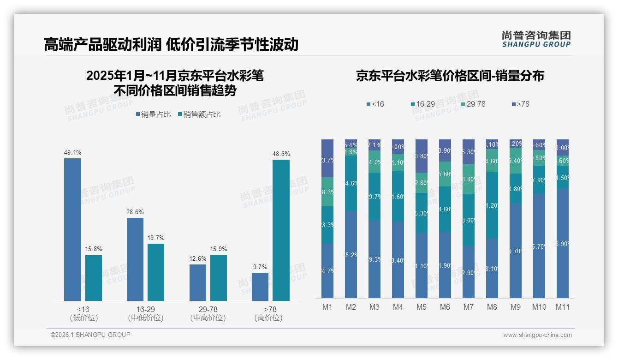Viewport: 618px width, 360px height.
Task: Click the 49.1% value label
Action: click(x=72, y=152)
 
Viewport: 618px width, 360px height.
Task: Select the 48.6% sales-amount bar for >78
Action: click(x=281, y=230)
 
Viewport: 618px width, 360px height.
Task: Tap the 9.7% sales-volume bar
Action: click(x=260, y=287)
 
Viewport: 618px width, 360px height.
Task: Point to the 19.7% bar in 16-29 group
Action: click(x=156, y=272)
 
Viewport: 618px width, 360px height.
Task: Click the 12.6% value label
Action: click(x=198, y=258)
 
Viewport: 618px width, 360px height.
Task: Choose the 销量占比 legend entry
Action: click(x=153, y=114)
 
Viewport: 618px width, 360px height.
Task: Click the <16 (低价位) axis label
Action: click(x=83, y=313)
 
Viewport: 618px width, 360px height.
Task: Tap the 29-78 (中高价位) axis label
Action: click(x=208, y=313)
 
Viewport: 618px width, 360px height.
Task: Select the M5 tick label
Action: click(x=421, y=307)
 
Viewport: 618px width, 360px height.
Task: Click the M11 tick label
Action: click(x=562, y=307)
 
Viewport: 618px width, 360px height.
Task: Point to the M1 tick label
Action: click(x=327, y=307)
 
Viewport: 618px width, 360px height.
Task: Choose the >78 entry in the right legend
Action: click(x=520, y=104)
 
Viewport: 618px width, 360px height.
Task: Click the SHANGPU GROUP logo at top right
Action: click(x=536, y=39)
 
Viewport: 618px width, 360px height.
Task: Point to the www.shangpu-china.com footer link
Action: click(x=537, y=335)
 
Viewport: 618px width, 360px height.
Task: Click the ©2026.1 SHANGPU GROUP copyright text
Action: click(x=90, y=335)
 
